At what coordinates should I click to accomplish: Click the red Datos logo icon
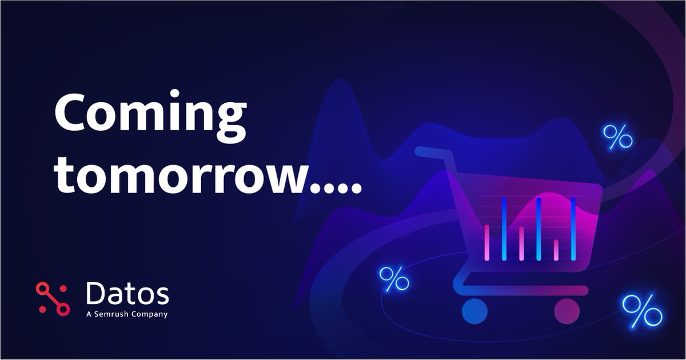[52, 298]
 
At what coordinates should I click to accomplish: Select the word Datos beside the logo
[127, 294]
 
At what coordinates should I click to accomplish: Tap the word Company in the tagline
[150, 314]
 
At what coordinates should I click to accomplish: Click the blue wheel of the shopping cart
[474, 310]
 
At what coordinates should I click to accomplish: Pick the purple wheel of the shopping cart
[567, 310]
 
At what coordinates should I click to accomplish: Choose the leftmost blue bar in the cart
[504, 229]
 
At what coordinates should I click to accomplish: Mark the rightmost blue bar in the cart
[573, 229]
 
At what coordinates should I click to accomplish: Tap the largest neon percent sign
[642, 311]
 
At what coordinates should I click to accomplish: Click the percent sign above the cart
[617, 137]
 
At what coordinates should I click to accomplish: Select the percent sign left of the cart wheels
[394, 279]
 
